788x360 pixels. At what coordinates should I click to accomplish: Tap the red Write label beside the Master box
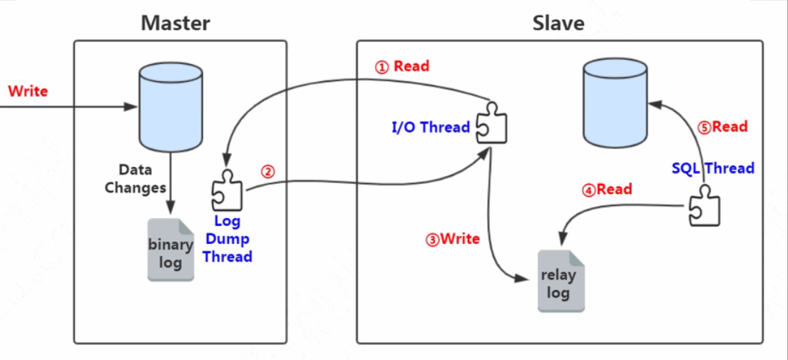click(x=28, y=91)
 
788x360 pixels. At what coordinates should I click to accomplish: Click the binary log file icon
click(x=170, y=250)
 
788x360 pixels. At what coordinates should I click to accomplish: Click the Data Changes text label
click(x=135, y=179)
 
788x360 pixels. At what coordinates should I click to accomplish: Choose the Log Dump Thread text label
click(x=227, y=239)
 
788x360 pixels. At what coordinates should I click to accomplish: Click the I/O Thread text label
click(x=431, y=128)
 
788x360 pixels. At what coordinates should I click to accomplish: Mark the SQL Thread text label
click(x=713, y=169)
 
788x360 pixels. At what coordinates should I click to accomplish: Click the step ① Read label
click(x=402, y=66)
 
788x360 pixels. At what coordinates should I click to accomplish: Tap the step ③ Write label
click(x=452, y=239)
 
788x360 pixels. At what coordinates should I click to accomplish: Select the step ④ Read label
click(x=607, y=190)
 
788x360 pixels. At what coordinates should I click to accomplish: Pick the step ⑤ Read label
click(x=722, y=127)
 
